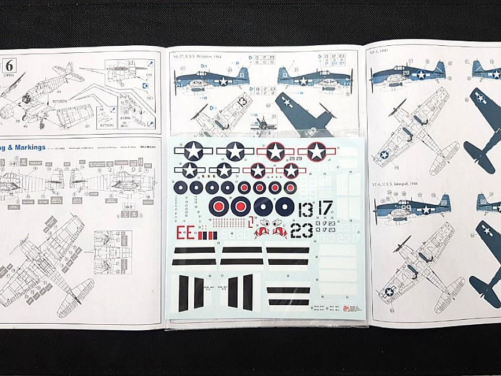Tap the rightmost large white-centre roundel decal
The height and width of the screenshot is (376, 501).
(x=284, y=206)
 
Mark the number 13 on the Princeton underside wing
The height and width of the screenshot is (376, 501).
(x=243, y=102)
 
